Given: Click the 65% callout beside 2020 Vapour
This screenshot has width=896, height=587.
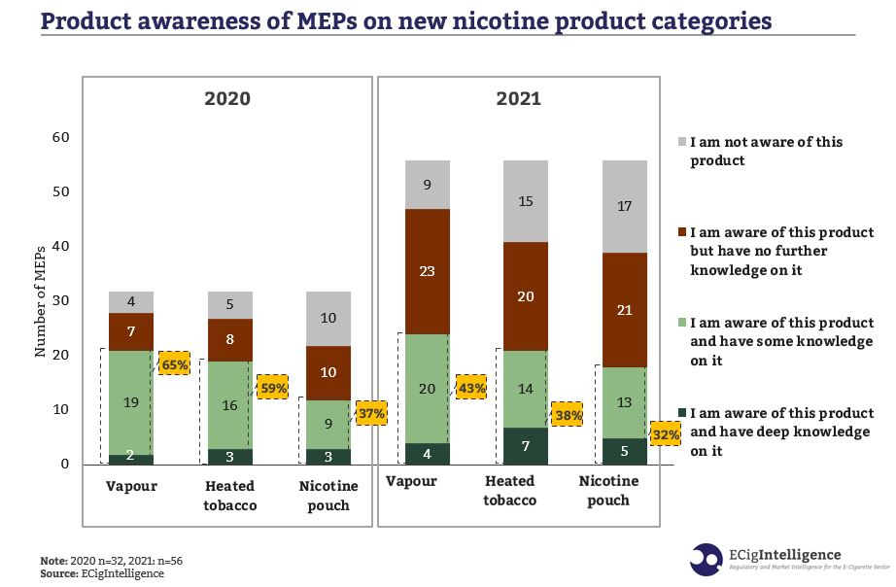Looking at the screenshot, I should pos(175,363).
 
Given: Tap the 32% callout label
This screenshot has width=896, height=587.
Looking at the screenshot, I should pos(666,435).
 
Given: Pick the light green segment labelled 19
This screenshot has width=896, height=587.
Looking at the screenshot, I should pos(131,401).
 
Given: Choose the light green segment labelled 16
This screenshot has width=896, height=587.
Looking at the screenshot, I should pos(230,405).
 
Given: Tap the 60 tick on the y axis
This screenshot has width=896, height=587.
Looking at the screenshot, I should pos(60,138).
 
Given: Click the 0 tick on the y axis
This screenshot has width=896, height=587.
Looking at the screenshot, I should pos(65,465).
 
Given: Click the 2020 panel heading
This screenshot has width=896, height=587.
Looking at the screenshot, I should pos(226,98).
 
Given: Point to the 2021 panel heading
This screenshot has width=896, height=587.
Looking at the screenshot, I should pos(519,98).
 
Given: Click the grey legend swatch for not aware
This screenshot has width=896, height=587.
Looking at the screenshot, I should pos(681,142).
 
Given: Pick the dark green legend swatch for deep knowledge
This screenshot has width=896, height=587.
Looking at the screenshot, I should pos(681,414).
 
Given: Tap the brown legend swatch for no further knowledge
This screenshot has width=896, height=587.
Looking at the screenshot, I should pos(681,233).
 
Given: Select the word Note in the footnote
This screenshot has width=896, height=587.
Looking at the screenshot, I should pos(53,562).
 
